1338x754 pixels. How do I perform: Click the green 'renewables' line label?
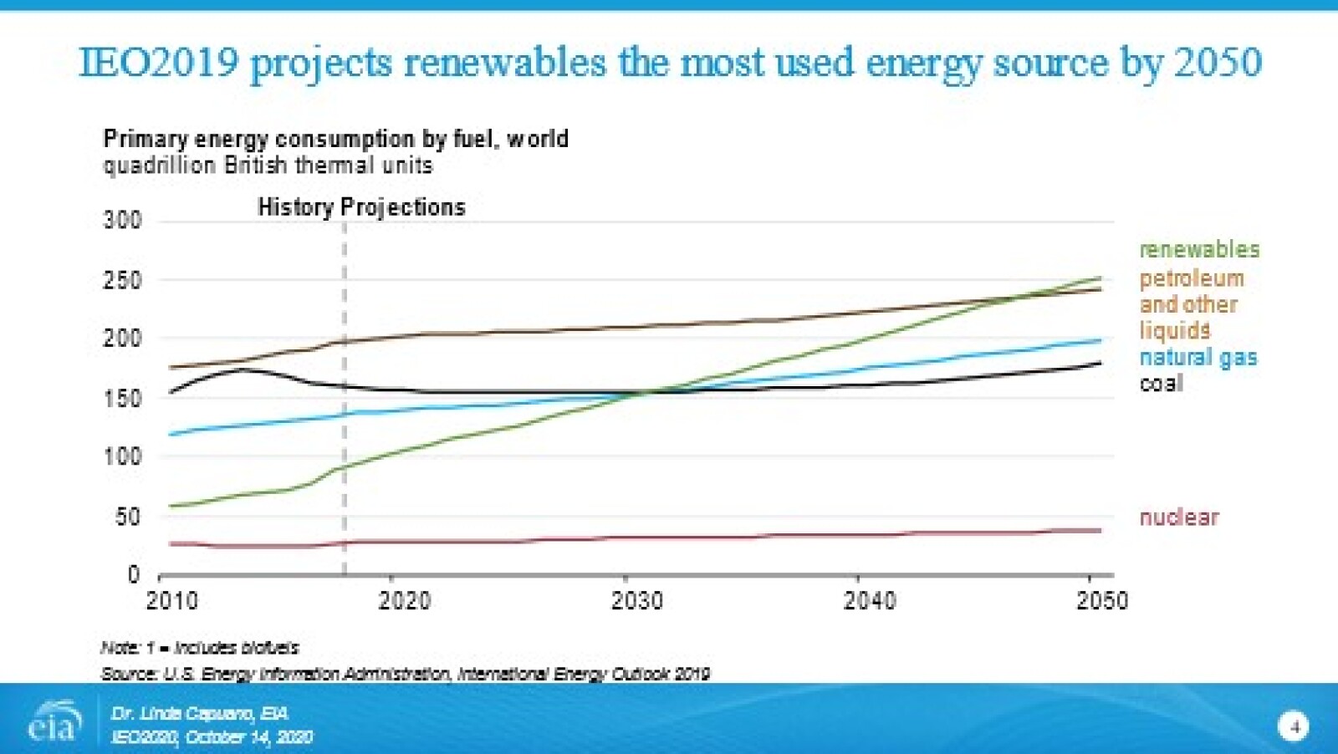pyautogui.click(x=1198, y=249)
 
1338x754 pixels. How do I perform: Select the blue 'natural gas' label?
pyautogui.click(x=1198, y=358)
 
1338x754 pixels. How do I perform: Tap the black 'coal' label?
pyautogui.click(x=1161, y=384)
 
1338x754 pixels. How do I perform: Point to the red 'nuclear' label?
pyautogui.click(x=1178, y=517)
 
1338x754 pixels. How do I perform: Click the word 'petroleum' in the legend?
pyautogui.click(x=1191, y=278)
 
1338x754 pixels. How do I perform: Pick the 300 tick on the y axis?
pyautogui.click(x=122, y=221)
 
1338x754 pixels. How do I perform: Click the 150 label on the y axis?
pyautogui.click(x=122, y=398)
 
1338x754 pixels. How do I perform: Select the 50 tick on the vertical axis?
pyautogui.click(x=127, y=517)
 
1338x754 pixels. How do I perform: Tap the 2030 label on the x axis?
pyautogui.click(x=636, y=601)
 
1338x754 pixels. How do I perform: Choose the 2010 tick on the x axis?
pyautogui.click(x=172, y=601)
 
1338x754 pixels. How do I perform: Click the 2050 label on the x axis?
pyautogui.click(x=1101, y=601)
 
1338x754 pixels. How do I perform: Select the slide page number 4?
pyautogui.click(x=1294, y=726)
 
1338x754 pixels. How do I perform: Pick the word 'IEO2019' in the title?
pyautogui.click(x=159, y=63)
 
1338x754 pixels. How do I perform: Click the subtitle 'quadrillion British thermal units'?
pyautogui.click(x=268, y=166)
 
